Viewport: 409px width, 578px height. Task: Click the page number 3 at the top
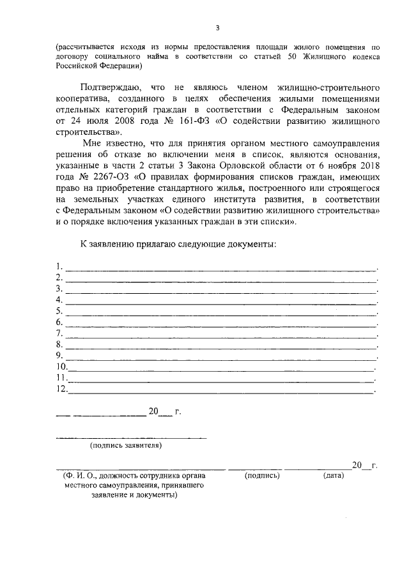pyautogui.click(x=217, y=27)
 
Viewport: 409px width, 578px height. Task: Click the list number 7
pyautogui.click(x=59, y=333)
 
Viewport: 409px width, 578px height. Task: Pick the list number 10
pyautogui.click(x=62, y=367)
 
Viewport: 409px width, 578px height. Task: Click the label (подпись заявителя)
pyautogui.click(x=126, y=445)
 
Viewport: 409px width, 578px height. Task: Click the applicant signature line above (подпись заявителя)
pyautogui.click(x=131, y=437)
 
